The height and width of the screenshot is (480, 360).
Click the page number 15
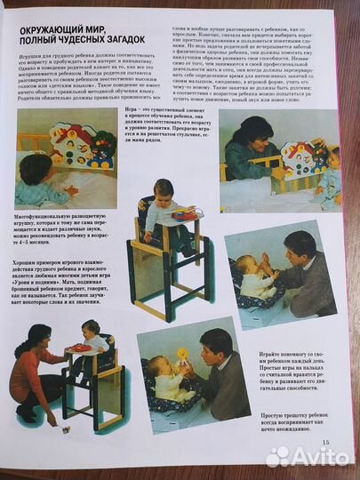[x=325, y=442]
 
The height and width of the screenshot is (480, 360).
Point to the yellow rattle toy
[x=183, y=354]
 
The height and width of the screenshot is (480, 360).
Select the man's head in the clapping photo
[x=300, y=245]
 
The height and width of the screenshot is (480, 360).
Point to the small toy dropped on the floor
[x=67, y=428]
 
